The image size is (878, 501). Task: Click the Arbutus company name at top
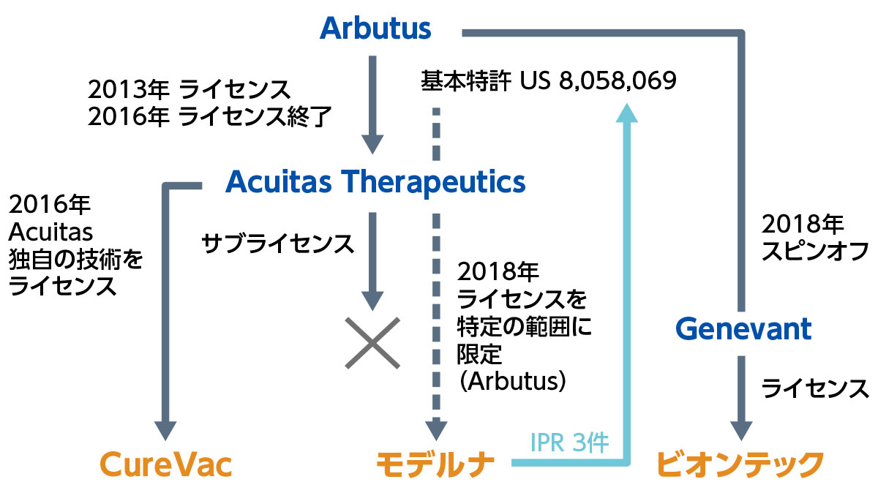(375, 29)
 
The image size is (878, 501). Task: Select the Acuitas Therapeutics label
(375, 183)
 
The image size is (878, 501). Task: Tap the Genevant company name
(743, 329)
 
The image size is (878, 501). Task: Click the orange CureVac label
(166, 464)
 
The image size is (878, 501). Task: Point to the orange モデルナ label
(435, 464)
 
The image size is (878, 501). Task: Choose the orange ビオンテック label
(739, 464)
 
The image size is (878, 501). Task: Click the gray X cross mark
(372, 343)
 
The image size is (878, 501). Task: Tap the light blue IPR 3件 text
(569, 442)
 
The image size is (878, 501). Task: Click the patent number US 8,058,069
(599, 80)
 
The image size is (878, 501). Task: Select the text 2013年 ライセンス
(189, 90)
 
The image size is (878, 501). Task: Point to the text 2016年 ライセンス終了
(210, 116)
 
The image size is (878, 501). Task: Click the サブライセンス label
(277, 244)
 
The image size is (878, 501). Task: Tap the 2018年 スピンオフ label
(814, 238)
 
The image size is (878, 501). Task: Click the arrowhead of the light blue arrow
(627, 113)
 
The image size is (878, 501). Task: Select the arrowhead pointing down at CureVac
(165, 431)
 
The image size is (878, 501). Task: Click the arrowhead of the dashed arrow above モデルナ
(436, 431)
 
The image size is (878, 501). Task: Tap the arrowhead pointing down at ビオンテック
(741, 431)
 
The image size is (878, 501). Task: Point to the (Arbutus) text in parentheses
(513, 381)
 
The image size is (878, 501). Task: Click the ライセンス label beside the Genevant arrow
(814, 388)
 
